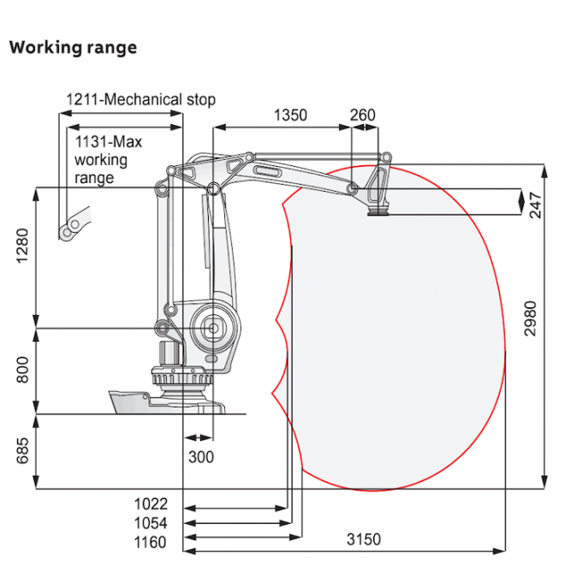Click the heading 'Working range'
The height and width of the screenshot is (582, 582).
pyautogui.click(x=73, y=47)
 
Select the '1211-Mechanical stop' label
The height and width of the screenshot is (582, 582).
pyautogui.click(x=141, y=100)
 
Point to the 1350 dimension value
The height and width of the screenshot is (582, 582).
pyautogui.click(x=290, y=116)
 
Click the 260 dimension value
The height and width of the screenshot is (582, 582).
pyautogui.click(x=363, y=116)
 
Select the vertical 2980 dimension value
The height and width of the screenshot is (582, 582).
pyautogui.click(x=532, y=318)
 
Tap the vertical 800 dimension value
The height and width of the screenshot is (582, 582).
pyautogui.click(x=23, y=370)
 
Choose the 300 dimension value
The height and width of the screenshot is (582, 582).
pyautogui.click(x=200, y=457)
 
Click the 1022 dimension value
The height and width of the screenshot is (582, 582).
pyautogui.click(x=151, y=504)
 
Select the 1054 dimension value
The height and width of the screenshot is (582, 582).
pyautogui.click(x=151, y=522)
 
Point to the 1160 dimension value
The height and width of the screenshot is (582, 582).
pyautogui.click(x=151, y=541)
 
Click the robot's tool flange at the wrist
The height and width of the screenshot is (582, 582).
pyautogui.click(x=377, y=211)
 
